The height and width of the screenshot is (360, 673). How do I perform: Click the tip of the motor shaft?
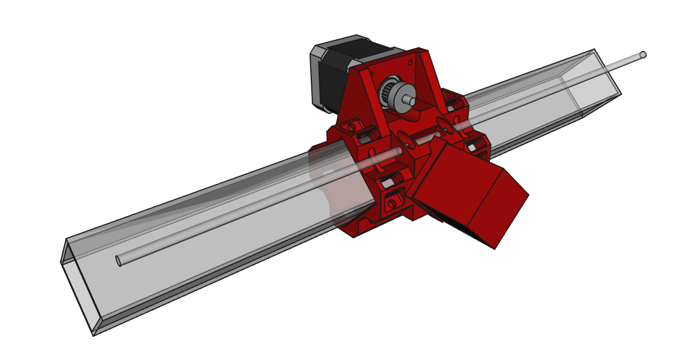tap(409, 100)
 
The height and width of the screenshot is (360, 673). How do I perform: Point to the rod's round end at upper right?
tap(642, 55)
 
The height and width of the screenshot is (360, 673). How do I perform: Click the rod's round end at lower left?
tap(118, 261)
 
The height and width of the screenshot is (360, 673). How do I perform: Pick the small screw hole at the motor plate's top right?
tap(410, 60)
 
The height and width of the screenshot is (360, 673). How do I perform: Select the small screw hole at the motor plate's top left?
tap(371, 73)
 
